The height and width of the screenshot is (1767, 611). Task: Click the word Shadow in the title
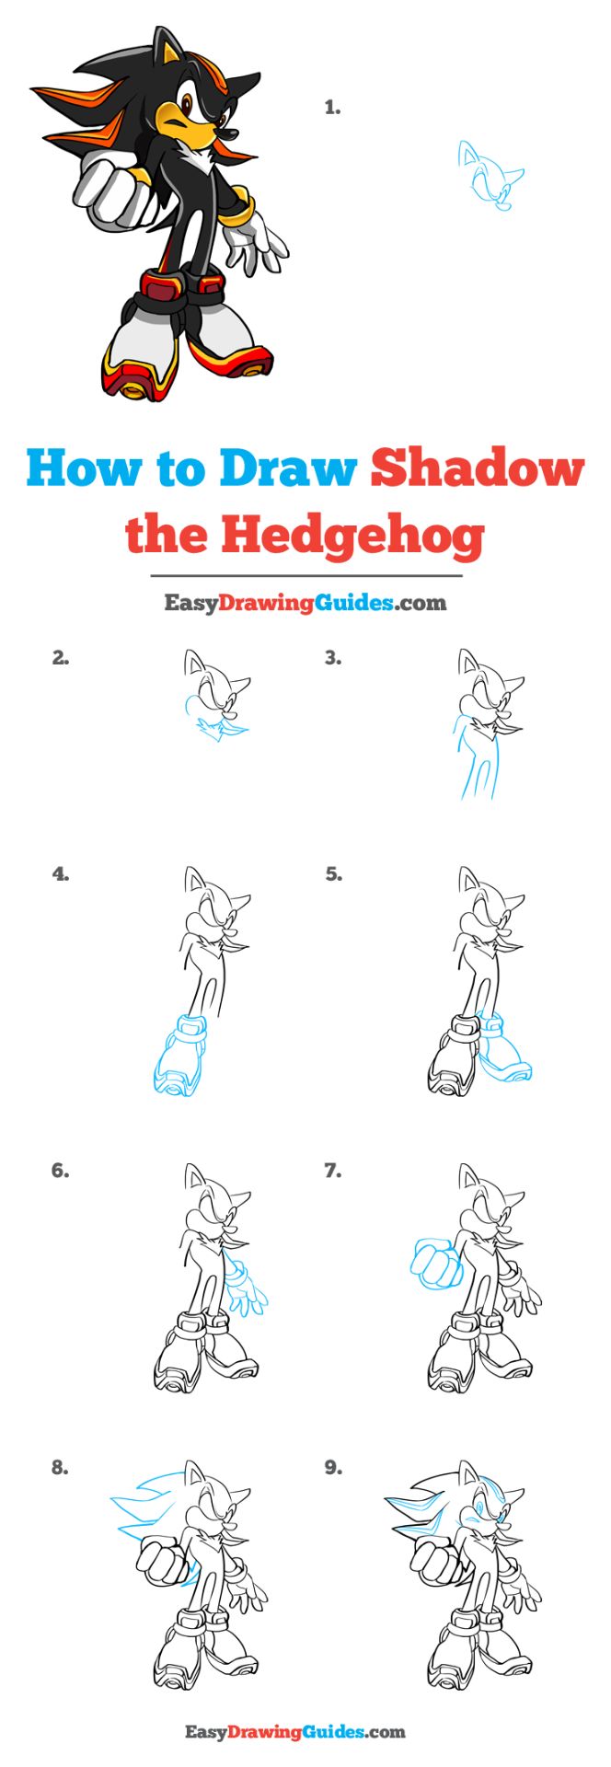[477, 468]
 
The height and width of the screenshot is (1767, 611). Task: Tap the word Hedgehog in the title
[352, 535]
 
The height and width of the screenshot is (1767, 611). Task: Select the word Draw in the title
[287, 468]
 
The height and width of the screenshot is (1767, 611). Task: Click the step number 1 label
[332, 108]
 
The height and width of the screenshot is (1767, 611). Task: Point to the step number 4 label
[61, 874]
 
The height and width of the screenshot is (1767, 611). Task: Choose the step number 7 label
[332, 1171]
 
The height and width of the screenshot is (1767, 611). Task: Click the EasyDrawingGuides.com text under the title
[305, 603]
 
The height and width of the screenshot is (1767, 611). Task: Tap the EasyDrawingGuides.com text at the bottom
[295, 1732]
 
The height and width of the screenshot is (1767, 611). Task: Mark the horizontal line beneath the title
[305, 576]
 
